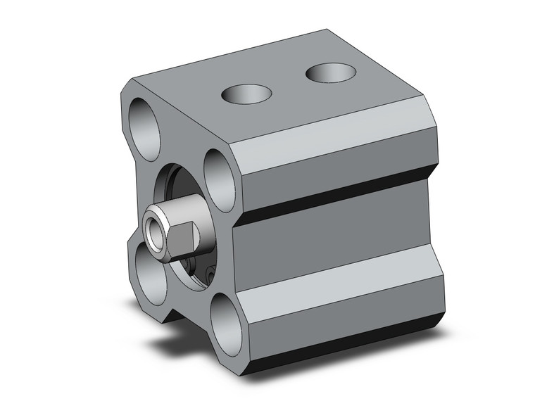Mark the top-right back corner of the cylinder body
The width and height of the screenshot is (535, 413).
(423, 103)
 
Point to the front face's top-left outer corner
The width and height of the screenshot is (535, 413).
(127, 91)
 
